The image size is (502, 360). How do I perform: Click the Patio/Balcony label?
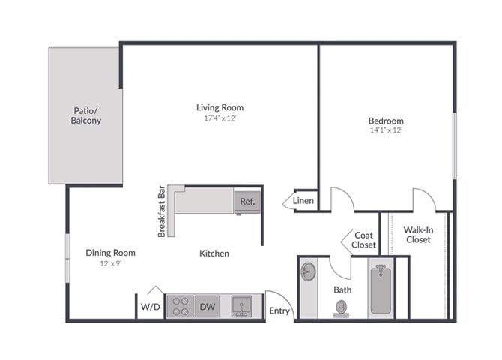[x=86, y=115]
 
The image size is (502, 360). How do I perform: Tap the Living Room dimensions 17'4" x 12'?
[x=220, y=118]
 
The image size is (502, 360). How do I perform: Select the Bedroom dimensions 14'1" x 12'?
[x=386, y=130]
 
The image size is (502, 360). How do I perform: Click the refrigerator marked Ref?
[x=247, y=202]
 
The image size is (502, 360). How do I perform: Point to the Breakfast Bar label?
[x=161, y=212]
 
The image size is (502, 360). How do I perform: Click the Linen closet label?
[x=303, y=200]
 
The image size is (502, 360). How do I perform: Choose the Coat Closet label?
[x=363, y=240]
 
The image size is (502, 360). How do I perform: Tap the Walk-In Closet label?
[x=417, y=235]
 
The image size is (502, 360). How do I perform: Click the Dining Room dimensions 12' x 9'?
[x=110, y=264]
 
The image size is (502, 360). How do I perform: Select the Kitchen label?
[x=214, y=253]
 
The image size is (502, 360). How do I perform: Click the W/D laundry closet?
[x=150, y=306]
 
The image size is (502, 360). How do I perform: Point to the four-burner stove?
[x=179, y=306]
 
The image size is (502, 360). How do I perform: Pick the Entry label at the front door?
[x=279, y=310]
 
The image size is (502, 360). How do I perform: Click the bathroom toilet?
[x=342, y=308]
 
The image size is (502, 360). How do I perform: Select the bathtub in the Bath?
[x=381, y=289]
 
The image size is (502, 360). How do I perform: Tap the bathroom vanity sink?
[x=308, y=271]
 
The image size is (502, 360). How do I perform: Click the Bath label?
[x=342, y=289]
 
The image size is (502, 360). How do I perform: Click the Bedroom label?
[x=386, y=121]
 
